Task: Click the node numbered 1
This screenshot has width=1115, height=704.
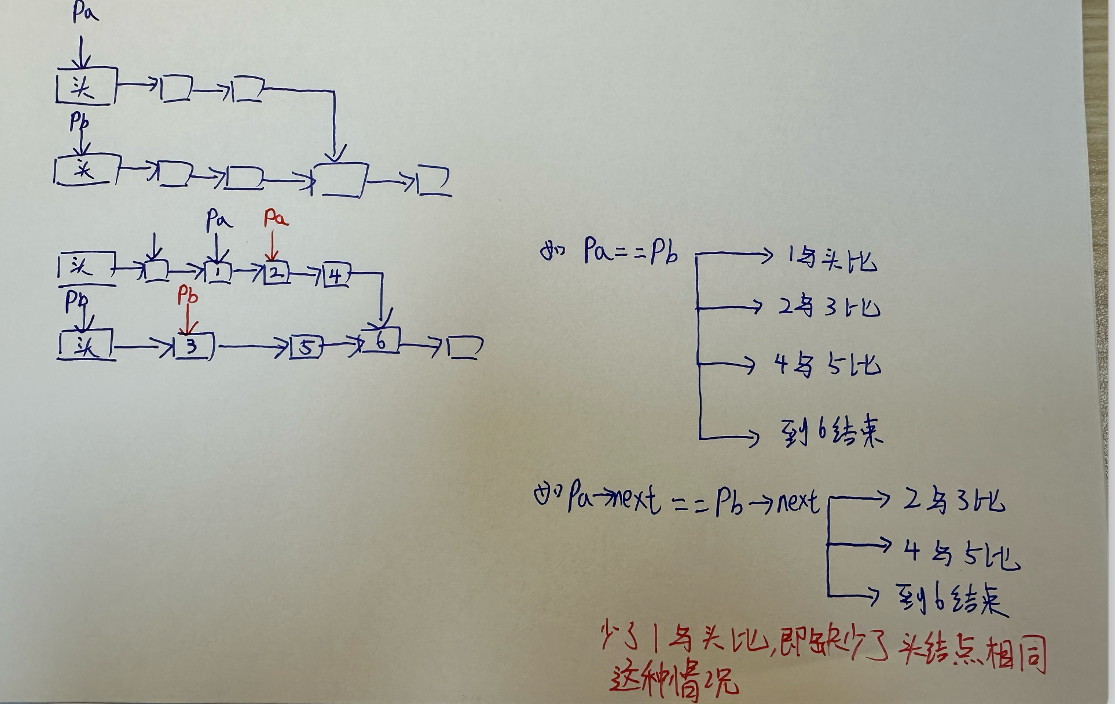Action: tap(217, 273)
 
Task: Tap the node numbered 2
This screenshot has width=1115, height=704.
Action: tap(277, 273)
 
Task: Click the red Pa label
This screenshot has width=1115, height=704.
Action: tap(276, 218)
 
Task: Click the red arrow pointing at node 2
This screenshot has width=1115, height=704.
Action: tap(273, 246)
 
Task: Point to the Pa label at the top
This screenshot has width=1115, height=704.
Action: tap(85, 13)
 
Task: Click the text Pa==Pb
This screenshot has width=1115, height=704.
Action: tap(630, 252)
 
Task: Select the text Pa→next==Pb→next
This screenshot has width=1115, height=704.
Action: tap(692, 501)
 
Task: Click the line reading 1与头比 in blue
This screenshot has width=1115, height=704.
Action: tap(831, 259)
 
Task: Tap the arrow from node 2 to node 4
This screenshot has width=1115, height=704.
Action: tap(306, 274)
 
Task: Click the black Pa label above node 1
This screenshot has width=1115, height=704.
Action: tap(219, 219)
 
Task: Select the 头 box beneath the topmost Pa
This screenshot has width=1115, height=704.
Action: tap(86, 87)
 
